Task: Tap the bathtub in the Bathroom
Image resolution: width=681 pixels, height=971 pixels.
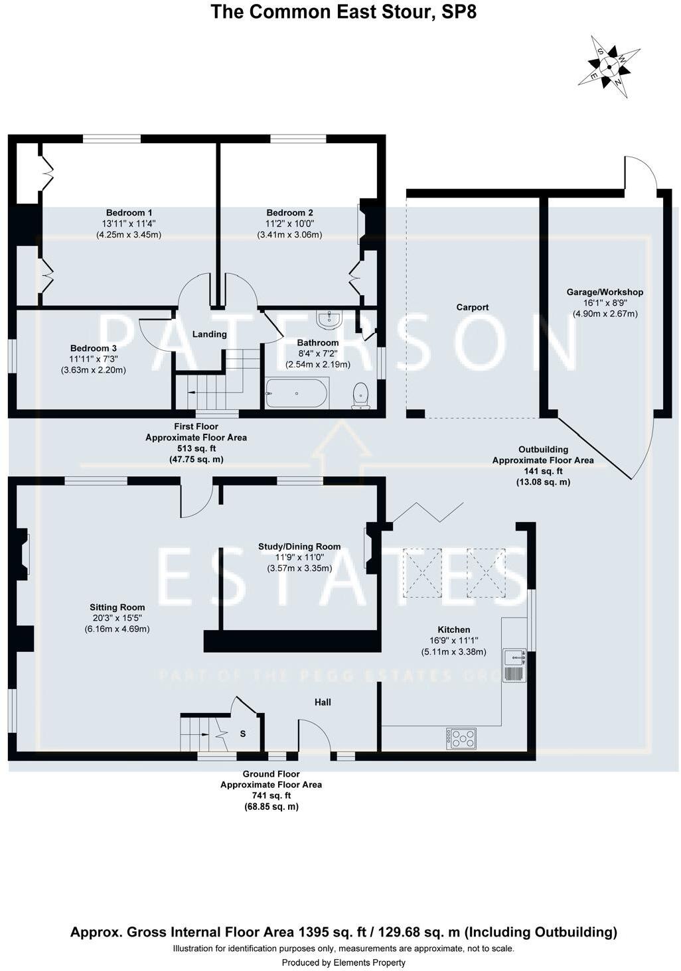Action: pyautogui.click(x=297, y=393)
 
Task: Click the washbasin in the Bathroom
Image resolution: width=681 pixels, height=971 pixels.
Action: pyautogui.click(x=329, y=320)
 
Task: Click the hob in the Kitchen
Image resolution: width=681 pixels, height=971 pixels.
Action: pyautogui.click(x=461, y=738)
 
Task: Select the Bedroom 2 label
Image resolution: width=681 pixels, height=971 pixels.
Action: pyautogui.click(x=289, y=213)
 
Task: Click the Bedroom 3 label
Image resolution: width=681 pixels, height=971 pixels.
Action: pyautogui.click(x=94, y=348)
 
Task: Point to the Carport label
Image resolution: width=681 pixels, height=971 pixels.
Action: pyautogui.click(x=473, y=307)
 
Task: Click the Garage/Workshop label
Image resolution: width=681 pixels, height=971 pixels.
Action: pyautogui.click(x=605, y=292)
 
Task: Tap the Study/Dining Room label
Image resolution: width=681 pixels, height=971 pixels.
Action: pyautogui.click(x=299, y=547)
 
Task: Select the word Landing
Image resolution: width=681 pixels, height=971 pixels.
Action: pyautogui.click(x=209, y=334)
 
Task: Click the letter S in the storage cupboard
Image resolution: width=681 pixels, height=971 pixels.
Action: pyautogui.click(x=243, y=734)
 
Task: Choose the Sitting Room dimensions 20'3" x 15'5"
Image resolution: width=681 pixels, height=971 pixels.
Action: pyautogui.click(x=117, y=618)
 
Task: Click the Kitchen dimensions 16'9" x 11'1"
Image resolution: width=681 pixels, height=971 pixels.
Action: pyautogui.click(x=454, y=641)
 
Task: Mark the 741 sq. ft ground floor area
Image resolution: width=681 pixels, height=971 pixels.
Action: pyautogui.click(x=271, y=795)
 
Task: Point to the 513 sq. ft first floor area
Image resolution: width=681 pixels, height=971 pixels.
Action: pyautogui.click(x=196, y=448)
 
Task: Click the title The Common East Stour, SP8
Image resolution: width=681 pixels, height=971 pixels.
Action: pyautogui.click(x=343, y=11)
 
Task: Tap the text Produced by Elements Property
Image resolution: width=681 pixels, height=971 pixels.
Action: pyautogui.click(x=343, y=962)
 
